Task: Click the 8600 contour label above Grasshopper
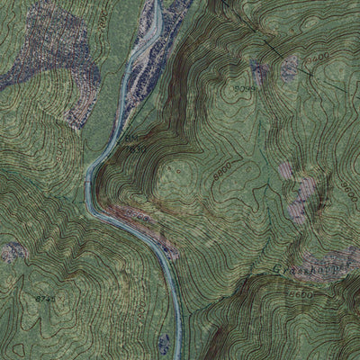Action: coord(347,190)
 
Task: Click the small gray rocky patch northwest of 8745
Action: coord(13,252)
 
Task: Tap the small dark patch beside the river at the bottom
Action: coord(164,343)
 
